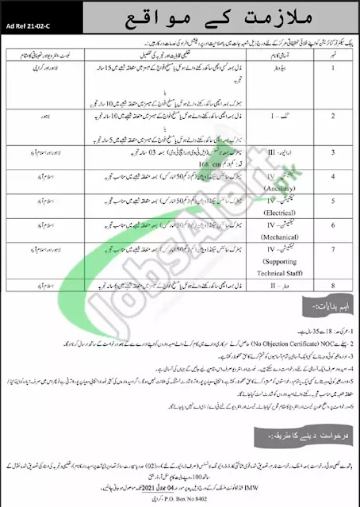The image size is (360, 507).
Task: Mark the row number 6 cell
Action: click(319, 236)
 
